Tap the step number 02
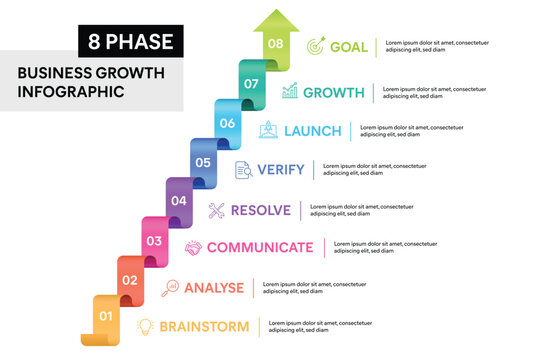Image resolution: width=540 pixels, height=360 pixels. pos(130,280)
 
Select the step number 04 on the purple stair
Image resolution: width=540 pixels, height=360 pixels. pos(179,201)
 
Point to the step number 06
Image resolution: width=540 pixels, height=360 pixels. pos(227,123)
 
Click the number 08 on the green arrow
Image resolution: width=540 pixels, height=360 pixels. pos(275,45)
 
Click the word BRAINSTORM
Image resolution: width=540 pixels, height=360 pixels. pos(204,326)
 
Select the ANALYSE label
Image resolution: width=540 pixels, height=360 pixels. pos(214,287)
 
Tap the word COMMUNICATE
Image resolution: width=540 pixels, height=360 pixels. pos(260,248)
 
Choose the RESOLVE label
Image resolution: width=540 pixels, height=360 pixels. pos(261,210)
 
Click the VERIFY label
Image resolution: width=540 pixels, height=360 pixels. pos(281,170)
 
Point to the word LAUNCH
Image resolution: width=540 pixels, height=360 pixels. pos(313,131)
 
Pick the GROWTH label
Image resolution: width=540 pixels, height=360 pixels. pos(333,92)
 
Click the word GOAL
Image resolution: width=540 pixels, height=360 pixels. pos(349,46)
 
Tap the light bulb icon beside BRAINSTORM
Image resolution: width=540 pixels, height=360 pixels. pos(146,326)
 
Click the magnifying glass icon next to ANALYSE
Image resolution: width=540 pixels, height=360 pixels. pos(170,287)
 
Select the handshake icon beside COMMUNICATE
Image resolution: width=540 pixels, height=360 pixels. pos(193,248)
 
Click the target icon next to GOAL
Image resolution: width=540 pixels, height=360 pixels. pos(315,46)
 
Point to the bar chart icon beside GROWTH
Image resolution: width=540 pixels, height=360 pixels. pos(290,92)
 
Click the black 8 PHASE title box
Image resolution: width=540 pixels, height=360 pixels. pos(131,41)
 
